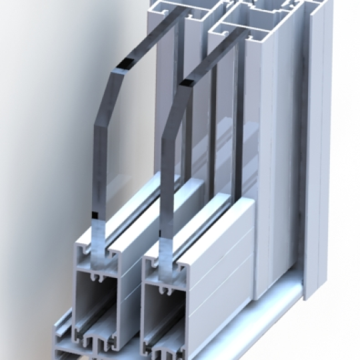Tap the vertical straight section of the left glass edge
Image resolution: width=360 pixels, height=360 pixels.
click(99, 173)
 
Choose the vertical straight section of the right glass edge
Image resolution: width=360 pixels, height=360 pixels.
click(166, 187)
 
